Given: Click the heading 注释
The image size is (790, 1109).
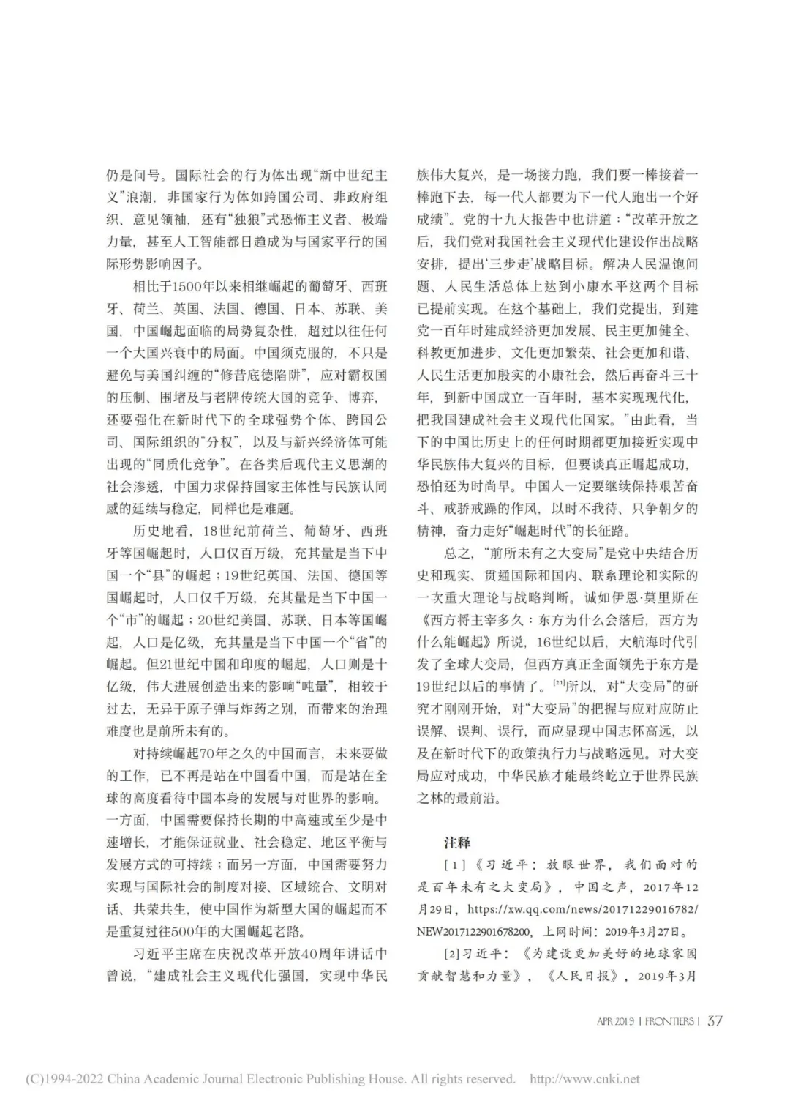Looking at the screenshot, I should point(457,843).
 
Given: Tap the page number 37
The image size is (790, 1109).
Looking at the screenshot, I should point(715,1021).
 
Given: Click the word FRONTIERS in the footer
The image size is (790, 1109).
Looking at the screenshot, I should point(668,1022).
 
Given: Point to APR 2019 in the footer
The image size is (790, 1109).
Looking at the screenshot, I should point(616,1022).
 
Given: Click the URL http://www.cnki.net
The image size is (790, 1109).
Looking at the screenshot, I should point(584,1079).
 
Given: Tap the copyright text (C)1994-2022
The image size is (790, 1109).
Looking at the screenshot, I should point(64,1079).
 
